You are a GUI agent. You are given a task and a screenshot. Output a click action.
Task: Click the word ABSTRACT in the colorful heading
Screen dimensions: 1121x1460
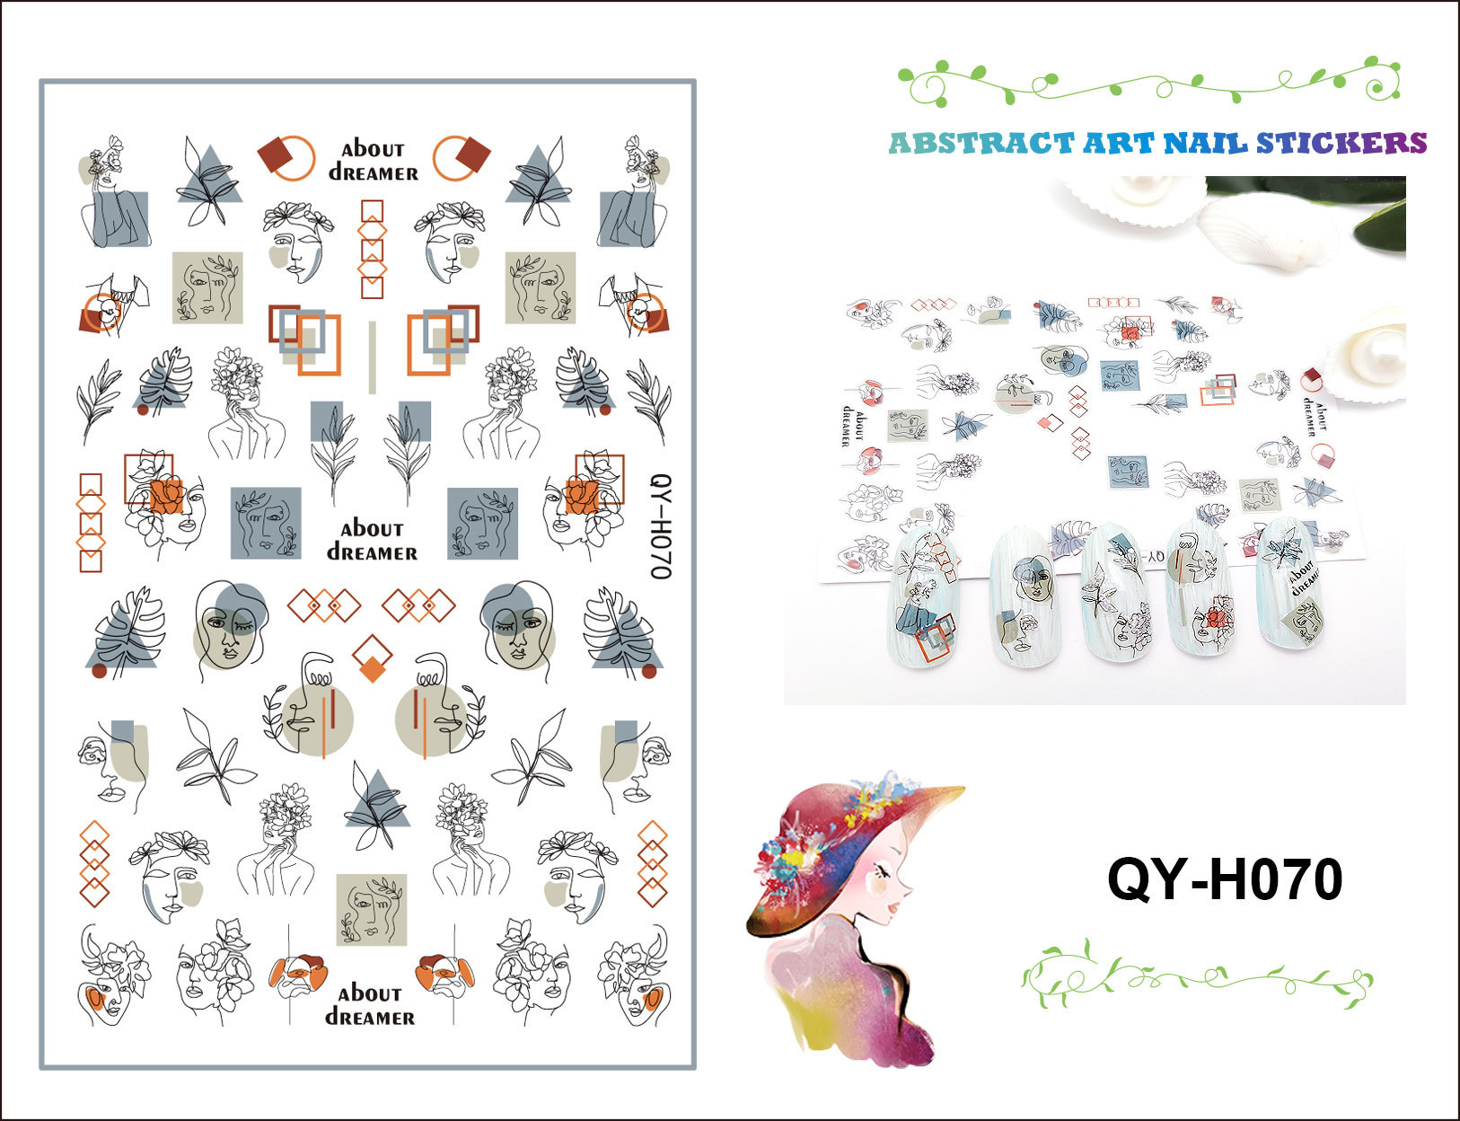pyautogui.click(x=981, y=144)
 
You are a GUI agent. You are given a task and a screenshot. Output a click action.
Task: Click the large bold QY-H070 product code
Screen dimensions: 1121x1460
pyautogui.click(x=1224, y=878)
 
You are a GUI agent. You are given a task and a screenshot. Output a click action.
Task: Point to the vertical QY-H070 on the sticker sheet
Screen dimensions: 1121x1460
pyautogui.click(x=659, y=526)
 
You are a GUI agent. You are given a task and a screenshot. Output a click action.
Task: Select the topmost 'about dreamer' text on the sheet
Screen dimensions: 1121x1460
pyautogui.click(x=374, y=161)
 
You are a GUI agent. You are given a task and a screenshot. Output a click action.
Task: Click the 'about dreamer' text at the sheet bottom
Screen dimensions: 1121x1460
pyautogui.click(x=370, y=1005)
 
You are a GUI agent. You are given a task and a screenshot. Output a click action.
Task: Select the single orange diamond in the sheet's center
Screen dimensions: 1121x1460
pyautogui.click(x=373, y=658)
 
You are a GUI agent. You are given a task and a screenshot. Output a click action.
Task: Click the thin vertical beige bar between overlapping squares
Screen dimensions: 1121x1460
pyautogui.click(x=373, y=357)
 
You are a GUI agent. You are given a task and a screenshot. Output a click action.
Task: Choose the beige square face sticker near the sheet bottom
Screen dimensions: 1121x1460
pyautogui.click(x=372, y=909)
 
